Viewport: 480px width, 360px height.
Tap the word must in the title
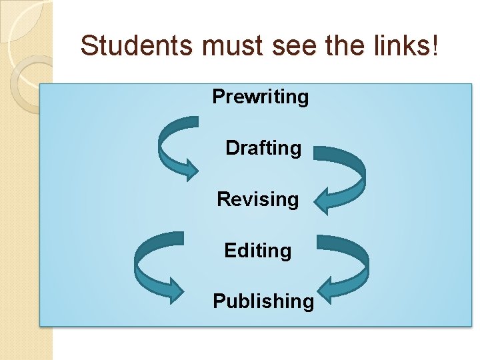tap(227, 46)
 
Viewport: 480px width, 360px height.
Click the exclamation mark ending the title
tap(435, 46)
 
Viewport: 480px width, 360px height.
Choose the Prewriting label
tap(261, 97)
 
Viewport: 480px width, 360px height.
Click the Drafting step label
tap(263, 148)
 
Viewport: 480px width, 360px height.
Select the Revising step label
tap(258, 199)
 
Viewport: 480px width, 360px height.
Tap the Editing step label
tap(258, 251)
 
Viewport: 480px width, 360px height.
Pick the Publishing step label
tap(263, 301)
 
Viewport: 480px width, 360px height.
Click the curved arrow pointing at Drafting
tap(175, 147)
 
